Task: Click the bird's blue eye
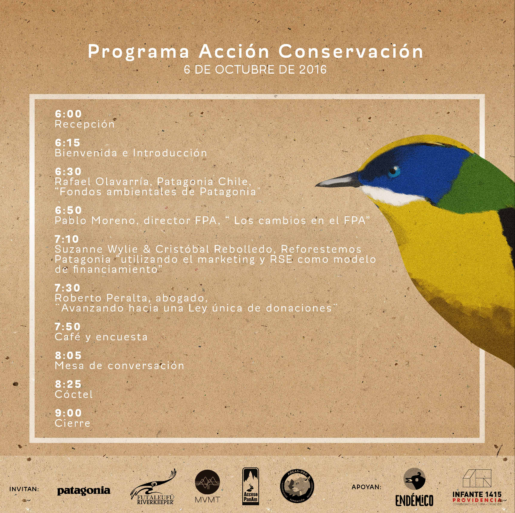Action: pyautogui.click(x=394, y=172)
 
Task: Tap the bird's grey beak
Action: pyautogui.click(x=338, y=180)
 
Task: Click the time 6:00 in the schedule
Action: pyautogui.click(x=68, y=114)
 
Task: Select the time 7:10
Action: pyautogui.click(x=67, y=239)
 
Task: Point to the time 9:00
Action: pyautogui.click(x=68, y=413)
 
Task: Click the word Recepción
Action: pyautogui.click(x=85, y=124)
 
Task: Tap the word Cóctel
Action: pyautogui.click(x=74, y=394)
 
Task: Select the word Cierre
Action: pyautogui.click(x=73, y=423)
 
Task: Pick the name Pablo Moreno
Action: pyautogui.click(x=94, y=221)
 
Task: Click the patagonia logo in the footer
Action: pyautogui.click(x=83, y=491)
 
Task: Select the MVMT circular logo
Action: pyautogui.click(x=208, y=486)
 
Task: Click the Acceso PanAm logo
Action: pyautogui.click(x=251, y=486)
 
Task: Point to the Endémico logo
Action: pyautogui.click(x=414, y=487)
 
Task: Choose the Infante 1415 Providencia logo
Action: pyautogui.click(x=477, y=487)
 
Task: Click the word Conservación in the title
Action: pyautogui.click(x=351, y=51)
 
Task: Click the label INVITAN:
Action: pyautogui.click(x=24, y=489)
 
